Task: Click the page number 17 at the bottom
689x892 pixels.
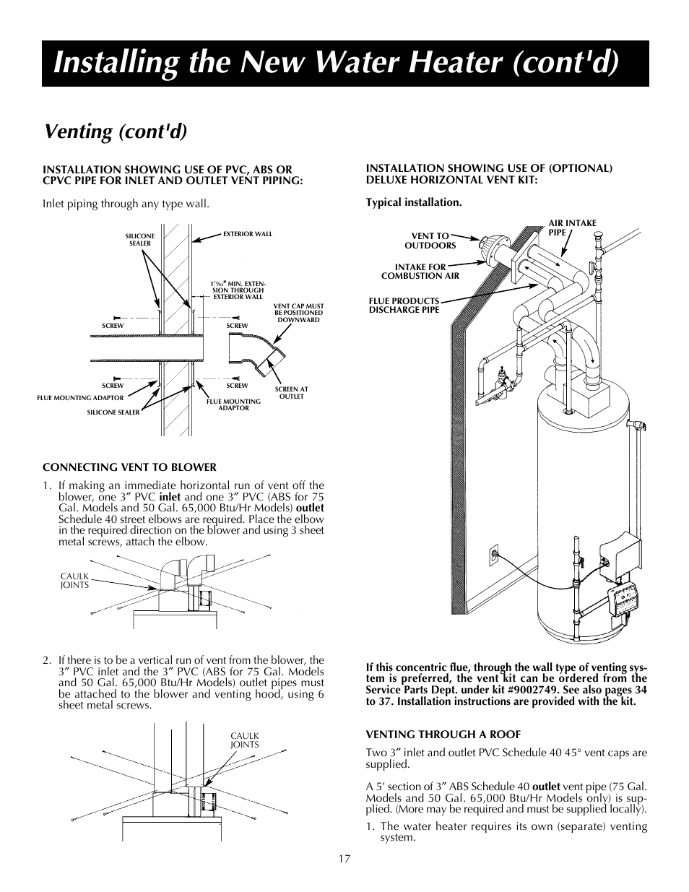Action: pos(344,859)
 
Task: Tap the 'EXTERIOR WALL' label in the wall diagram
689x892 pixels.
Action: pos(248,234)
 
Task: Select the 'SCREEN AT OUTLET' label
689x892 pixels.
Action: pos(291,393)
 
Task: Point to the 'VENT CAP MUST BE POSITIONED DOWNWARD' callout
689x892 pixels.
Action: pos(298,313)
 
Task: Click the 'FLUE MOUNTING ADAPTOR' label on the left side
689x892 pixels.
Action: pos(80,397)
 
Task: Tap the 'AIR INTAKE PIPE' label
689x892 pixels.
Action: pos(573,228)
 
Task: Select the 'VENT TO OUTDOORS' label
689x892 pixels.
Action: pos(430,241)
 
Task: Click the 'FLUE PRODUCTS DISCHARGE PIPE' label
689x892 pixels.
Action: pos(404,306)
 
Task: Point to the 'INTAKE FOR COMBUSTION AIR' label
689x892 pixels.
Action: pos(420,272)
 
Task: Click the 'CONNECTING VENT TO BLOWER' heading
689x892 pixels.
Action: pos(129,467)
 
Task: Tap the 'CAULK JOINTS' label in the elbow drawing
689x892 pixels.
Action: pos(74,580)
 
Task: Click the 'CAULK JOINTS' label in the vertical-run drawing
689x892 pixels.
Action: pos(244,740)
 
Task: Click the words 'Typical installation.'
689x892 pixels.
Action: pos(413,202)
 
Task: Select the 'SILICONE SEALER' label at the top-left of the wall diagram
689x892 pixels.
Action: pos(139,240)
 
